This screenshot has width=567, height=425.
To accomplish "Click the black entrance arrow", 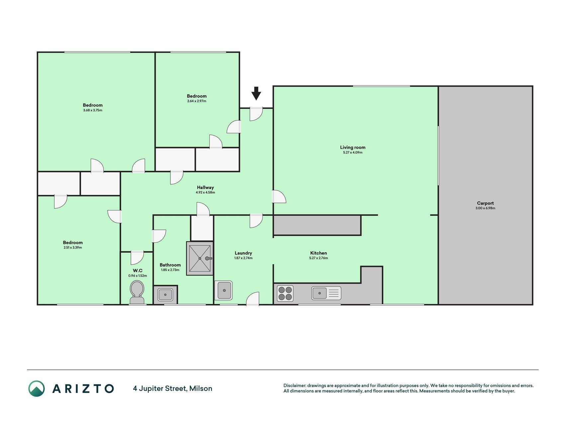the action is (x=256, y=93).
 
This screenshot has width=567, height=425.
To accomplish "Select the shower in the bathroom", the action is (x=200, y=258).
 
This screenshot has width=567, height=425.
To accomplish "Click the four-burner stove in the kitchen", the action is (x=285, y=294).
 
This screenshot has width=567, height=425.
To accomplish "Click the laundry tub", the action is (x=224, y=291).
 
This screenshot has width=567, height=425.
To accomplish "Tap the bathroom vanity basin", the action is (x=165, y=295).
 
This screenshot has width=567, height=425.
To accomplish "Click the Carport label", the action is (x=485, y=203).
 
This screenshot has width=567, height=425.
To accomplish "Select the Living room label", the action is (x=353, y=147).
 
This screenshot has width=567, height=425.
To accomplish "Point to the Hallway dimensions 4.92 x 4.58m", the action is (x=205, y=193).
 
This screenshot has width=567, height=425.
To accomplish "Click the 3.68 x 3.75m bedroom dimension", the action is (x=93, y=110).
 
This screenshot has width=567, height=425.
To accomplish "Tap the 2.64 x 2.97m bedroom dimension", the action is (x=197, y=101).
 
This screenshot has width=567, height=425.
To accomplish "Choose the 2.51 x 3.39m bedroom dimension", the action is (x=73, y=248).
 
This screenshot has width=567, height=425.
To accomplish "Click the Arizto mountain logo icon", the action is (x=37, y=388).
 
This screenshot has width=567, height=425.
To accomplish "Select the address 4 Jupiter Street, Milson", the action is (x=173, y=388).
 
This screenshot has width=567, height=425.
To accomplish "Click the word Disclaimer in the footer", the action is (x=294, y=386).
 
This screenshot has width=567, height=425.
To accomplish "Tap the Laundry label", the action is (x=243, y=253).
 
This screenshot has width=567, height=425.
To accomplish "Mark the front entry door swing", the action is (x=256, y=114).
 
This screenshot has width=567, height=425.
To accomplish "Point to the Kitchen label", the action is (x=319, y=253).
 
